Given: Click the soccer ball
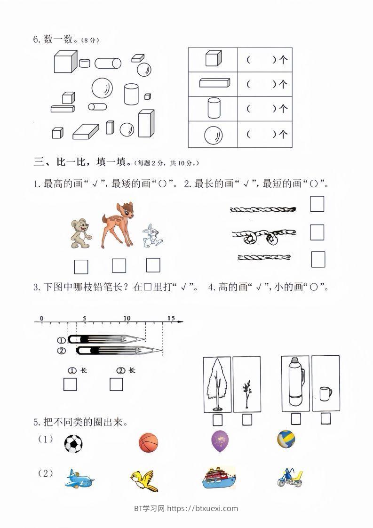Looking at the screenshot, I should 73,444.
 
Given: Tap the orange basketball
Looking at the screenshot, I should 149,443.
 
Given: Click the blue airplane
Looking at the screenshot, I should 79,480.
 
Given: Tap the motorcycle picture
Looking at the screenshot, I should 291,479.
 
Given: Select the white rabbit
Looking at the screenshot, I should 151,235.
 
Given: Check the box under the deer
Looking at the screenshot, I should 119,266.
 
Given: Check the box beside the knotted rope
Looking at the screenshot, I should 317,232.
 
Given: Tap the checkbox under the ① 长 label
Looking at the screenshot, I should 70,385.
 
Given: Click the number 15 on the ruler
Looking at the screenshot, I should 171,319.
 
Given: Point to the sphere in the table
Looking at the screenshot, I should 213,136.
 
